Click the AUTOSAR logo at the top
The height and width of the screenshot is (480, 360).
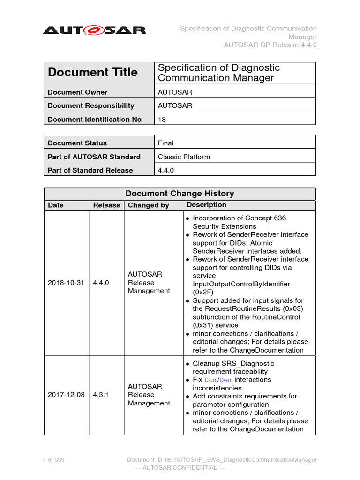pos(94,30)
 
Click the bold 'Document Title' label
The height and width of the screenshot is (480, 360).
pos(93,72)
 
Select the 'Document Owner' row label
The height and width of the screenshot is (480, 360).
pos(77,92)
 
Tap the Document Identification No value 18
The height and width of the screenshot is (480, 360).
pos(162,120)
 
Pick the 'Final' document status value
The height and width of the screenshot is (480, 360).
pos(165,143)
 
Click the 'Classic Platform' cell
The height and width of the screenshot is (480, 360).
pos(184,157)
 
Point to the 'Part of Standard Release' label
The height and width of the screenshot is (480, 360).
pos(90,170)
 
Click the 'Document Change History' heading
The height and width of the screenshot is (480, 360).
pos(180,194)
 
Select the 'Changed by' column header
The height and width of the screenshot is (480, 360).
pos(148,205)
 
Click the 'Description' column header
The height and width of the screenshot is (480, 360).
pos(206,205)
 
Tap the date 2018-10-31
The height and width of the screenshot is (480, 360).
pos(66,283)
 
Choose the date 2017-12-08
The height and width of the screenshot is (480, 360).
pos(66,395)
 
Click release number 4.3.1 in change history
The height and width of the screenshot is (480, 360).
pos(101,395)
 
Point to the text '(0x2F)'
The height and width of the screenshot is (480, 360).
pos(203,292)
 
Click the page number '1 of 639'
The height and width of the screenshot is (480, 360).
pos(53,460)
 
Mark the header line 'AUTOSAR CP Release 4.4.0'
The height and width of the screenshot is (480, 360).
pos(270,45)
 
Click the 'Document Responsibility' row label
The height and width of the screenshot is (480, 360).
pos(90,106)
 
